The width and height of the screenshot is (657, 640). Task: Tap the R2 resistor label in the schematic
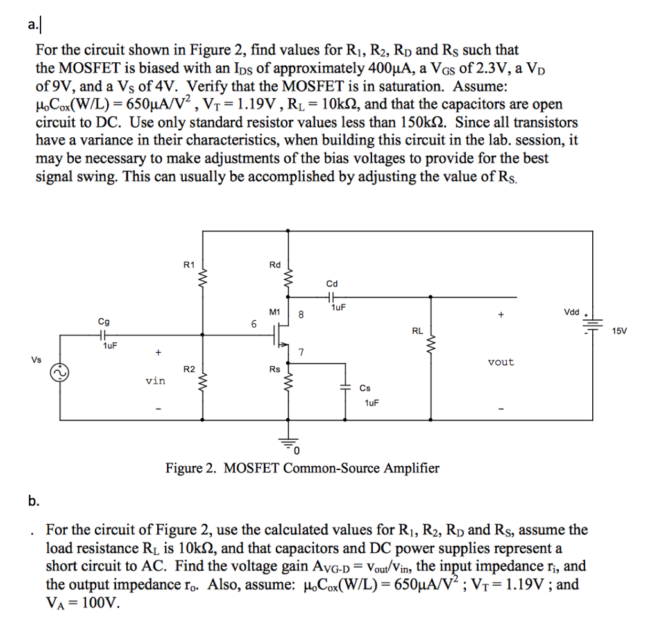(x=189, y=369)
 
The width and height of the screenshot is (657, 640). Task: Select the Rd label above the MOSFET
(x=275, y=264)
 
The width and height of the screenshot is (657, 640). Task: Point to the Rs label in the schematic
(x=275, y=369)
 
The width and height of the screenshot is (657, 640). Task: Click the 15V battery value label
(x=621, y=331)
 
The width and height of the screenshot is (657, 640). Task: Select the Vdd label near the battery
(x=571, y=312)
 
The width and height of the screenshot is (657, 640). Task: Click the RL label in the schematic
(x=417, y=332)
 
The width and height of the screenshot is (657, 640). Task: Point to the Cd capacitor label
(x=332, y=283)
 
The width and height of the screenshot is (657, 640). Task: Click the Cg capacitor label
(x=103, y=322)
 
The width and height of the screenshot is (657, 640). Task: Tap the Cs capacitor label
(x=365, y=388)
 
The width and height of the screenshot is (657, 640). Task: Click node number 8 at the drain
(x=301, y=315)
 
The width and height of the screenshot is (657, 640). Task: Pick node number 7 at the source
(x=301, y=351)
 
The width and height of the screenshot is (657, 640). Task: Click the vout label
(x=500, y=362)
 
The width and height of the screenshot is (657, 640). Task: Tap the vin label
(x=155, y=381)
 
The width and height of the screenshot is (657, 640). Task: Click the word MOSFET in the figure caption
(x=252, y=468)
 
